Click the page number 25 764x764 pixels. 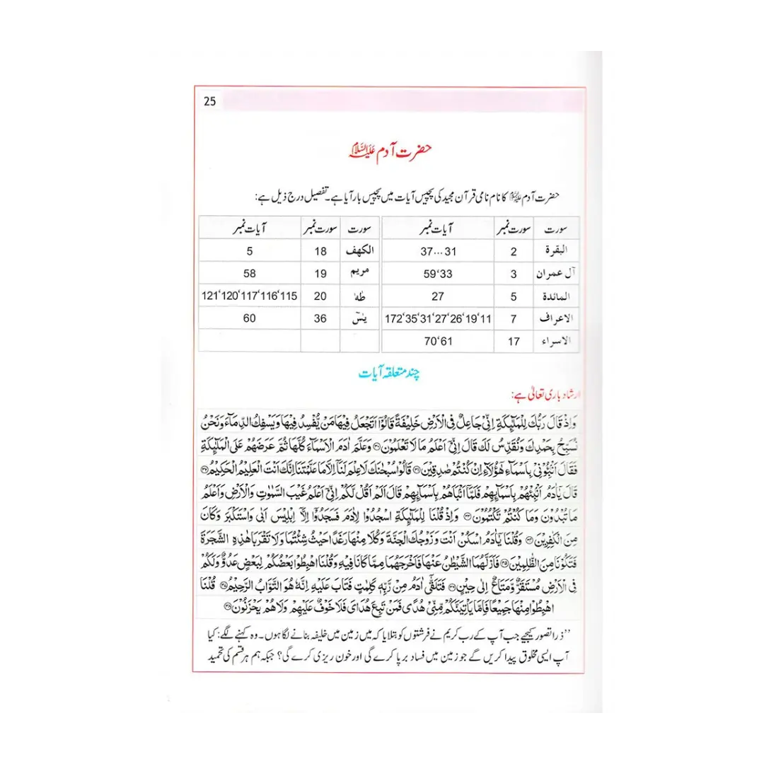pyautogui.click(x=209, y=101)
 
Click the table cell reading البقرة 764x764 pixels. pyautogui.click(x=559, y=251)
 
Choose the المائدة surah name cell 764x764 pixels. pyautogui.click(x=558, y=296)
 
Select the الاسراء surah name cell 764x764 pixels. pyautogui.click(x=558, y=342)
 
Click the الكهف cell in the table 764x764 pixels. pyautogui.click(x=357, y=251)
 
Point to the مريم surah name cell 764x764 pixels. pyautogui.click(x=358, y=274)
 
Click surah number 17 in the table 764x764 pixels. pyautogui.click(x=514, y=342)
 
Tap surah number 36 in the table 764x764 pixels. pyautogui.click(x=320, y=319)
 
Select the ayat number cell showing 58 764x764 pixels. pyautogui.click(x=249, y=274)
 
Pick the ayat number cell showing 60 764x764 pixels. pyautogui.click(x=249, y=319)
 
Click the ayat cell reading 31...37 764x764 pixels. pyautogui.click(x=438, y=251)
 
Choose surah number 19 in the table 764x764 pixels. pyautogui.click(x=320, y=274)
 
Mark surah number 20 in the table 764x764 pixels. pyautogui.click(x=320, y=296)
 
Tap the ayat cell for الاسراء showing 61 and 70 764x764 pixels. pyautogui.click(x=438, y=342)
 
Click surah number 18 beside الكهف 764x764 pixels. pyautogui.click(x=320, y=251)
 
